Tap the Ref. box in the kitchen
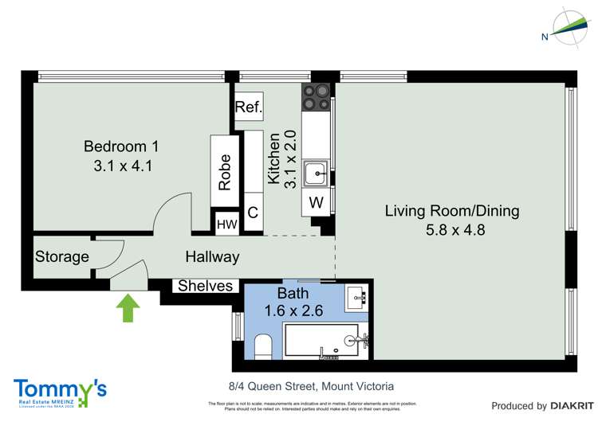point(248,106)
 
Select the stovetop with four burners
point(316,96)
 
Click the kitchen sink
point(317,172)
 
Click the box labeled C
point(253,213)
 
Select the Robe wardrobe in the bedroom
point(225,171)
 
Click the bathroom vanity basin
point(357,299)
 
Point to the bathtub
point(325,342)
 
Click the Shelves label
point(205,286)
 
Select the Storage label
point(61,257)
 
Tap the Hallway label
point(212,257)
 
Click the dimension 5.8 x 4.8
point(451,230)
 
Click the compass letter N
point(545,37)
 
